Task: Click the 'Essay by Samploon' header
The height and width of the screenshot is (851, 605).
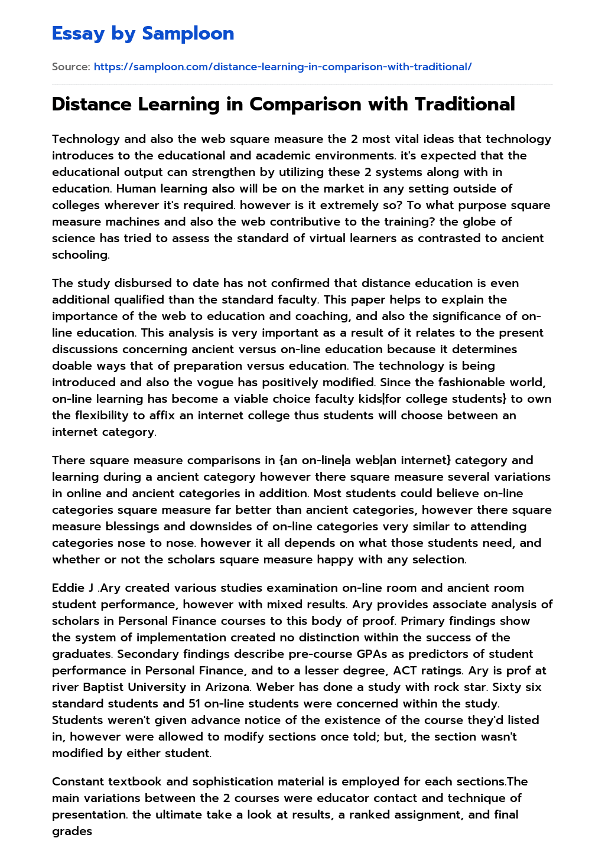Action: tap(143, 34)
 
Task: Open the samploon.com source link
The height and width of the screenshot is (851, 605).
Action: tap(282, 67)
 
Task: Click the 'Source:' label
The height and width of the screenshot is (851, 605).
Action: tap(71, 67)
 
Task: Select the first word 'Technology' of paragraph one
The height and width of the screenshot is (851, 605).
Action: tap(83, 139)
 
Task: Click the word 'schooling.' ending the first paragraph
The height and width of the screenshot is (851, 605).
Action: tap(80, 255)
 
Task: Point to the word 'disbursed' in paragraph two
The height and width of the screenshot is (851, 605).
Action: tap(133, 283)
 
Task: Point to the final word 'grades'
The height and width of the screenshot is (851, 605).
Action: tap(71, 831)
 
